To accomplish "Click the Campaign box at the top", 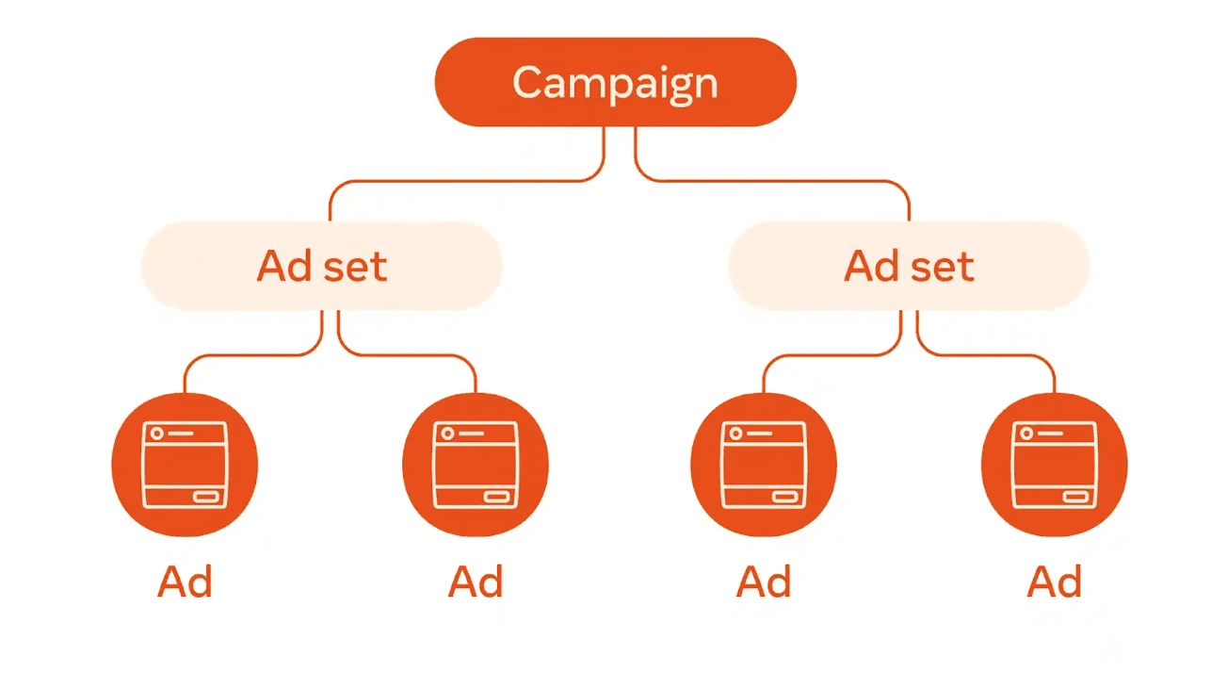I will (x=615, y=82).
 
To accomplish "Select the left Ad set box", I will (x=321, y=267).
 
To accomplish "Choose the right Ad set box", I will (x=909, y=267).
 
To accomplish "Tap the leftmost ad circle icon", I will (x=185, y=465).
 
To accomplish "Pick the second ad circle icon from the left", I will (x=476, y=465).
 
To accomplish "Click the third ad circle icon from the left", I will (x=764, y=465).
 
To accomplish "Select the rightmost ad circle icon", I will (x=1055, y=465).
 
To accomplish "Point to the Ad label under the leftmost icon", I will (x=185, y=582).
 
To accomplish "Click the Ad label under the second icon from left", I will (x=476, y=582).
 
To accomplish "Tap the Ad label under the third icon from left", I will (x=764, y=582).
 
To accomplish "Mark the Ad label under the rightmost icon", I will (x=1055, y=582).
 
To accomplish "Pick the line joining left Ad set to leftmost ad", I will (x=245, y=355).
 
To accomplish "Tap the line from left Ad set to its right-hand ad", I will (x=414, y=355).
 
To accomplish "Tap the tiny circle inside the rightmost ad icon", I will (x=1026, y=433).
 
